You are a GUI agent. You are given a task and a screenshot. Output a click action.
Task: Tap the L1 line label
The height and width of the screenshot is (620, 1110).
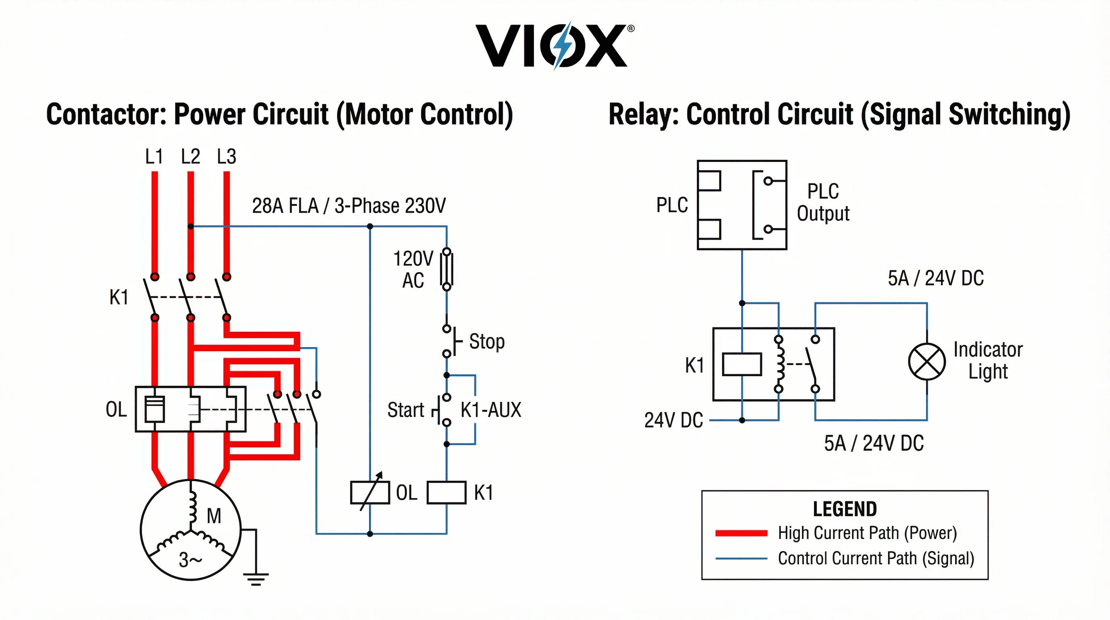click(x=154, y=157)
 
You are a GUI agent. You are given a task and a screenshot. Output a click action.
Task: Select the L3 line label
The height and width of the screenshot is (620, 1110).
click(x=227, y=157)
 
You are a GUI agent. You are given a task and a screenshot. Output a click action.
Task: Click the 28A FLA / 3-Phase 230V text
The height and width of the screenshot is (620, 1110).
click(x=348, y=206)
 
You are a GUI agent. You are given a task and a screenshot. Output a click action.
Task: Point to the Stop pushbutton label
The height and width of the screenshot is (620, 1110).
click(x=486, y=341)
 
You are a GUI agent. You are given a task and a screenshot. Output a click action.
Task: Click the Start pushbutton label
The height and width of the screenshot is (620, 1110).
click(x=405, y=410)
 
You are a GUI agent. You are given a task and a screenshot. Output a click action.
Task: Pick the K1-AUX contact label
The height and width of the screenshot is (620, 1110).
click(x=491, y=410)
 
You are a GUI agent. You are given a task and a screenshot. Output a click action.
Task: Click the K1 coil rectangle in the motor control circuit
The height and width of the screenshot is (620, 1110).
click(x=447, y=492)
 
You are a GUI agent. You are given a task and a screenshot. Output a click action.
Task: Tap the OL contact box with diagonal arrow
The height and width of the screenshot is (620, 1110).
click(x=370, y=492)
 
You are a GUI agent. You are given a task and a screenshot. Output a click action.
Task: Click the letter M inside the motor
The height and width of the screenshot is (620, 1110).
click(x=214, y=516)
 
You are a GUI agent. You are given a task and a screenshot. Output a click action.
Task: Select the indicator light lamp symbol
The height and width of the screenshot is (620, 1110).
click(x=927, y=362)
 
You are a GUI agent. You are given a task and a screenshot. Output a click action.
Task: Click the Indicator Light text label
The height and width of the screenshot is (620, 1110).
click(x=988, y=360)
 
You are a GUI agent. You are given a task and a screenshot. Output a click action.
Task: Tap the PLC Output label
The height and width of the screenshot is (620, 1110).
click(x=823, y=202)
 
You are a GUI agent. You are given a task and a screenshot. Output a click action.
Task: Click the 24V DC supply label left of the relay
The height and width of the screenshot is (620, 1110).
click(x=674, y=420)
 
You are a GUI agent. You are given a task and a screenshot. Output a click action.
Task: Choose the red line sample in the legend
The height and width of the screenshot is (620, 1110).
click(x=741, y=533)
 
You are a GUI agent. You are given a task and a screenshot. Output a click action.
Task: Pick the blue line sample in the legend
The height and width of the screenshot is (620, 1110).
click(x=741, y=559)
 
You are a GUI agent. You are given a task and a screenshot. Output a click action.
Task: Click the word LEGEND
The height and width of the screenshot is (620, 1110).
click(x=845, y=509)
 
